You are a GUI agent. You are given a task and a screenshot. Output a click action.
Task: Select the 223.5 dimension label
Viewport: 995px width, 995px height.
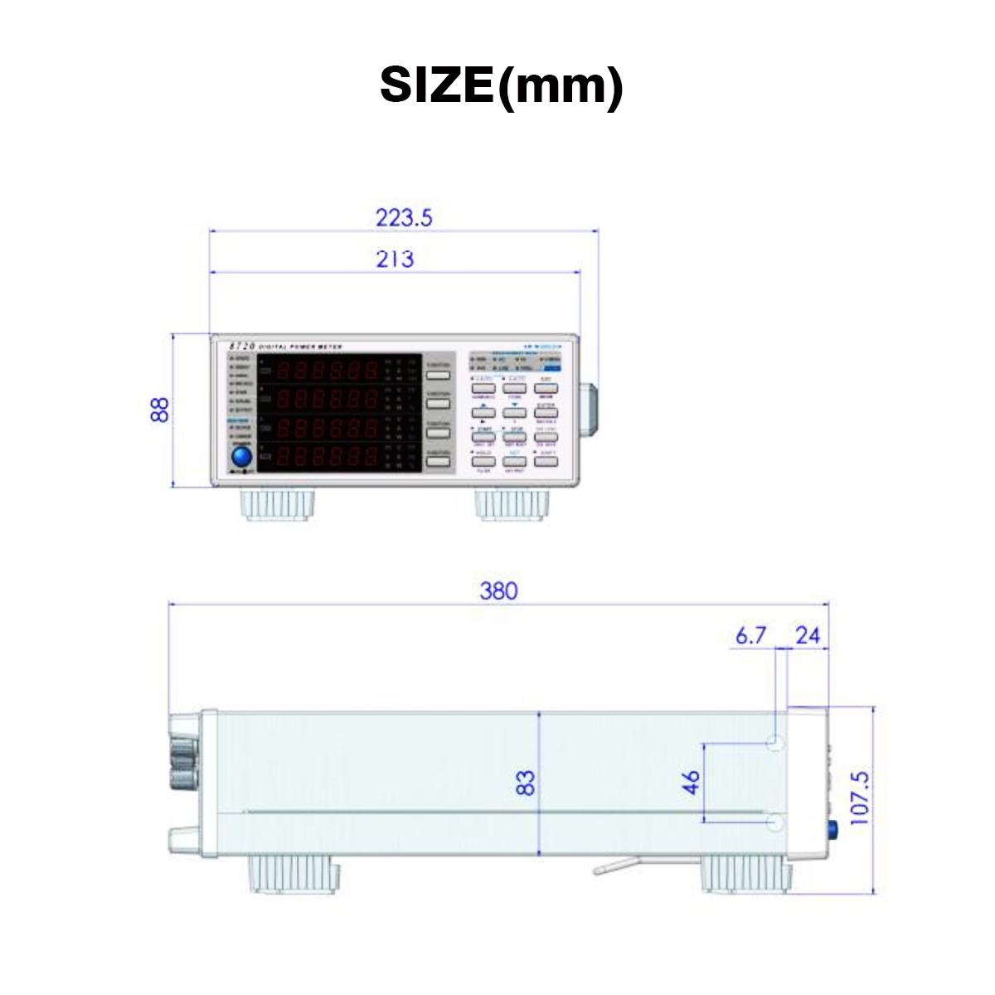tap(404, 217)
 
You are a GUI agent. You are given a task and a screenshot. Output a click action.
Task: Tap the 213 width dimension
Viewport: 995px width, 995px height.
tap(395, 259)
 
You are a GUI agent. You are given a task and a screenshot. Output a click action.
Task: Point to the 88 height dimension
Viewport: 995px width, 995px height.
tap(160, 410)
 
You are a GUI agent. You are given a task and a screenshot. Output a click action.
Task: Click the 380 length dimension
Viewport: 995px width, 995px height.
tap(498, 590)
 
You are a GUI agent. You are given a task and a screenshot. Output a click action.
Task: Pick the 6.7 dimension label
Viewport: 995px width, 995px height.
tap(750, 635)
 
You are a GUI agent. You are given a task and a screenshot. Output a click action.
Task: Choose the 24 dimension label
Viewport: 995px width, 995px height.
tap(807, 635)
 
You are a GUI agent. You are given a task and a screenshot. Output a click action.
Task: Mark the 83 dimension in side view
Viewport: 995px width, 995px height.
tap(526, 783)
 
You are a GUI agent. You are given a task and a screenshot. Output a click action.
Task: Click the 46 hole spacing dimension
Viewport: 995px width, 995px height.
tap(691, 782)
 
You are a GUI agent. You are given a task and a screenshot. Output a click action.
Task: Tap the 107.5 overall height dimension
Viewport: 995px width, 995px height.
tap(859, 798)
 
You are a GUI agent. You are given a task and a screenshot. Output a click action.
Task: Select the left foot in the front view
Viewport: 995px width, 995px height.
tap(279, 503)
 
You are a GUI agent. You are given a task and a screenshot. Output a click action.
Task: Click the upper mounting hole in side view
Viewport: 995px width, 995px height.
tap(775, 743)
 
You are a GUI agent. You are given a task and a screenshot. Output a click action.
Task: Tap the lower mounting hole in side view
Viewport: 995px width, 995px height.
tap(775, 822)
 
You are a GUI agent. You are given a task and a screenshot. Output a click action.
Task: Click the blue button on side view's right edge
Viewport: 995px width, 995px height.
tap(832, 828)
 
